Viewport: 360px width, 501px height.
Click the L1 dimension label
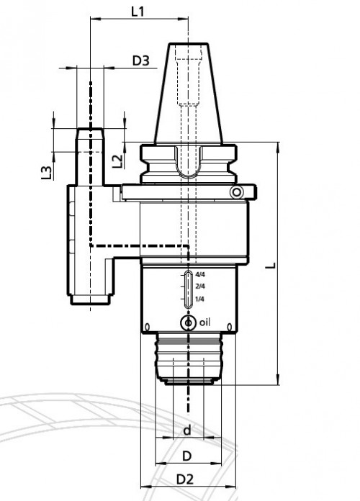138,12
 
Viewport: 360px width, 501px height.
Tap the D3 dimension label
141,60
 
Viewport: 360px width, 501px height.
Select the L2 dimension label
117,161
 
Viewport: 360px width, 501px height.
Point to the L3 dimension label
47,173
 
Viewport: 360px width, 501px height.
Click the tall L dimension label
271,265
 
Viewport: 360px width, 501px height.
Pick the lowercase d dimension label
187,430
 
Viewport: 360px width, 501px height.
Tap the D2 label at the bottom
185,479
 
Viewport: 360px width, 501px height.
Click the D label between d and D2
187,456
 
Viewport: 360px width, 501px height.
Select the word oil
205,322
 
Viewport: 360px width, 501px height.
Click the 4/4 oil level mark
200,274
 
